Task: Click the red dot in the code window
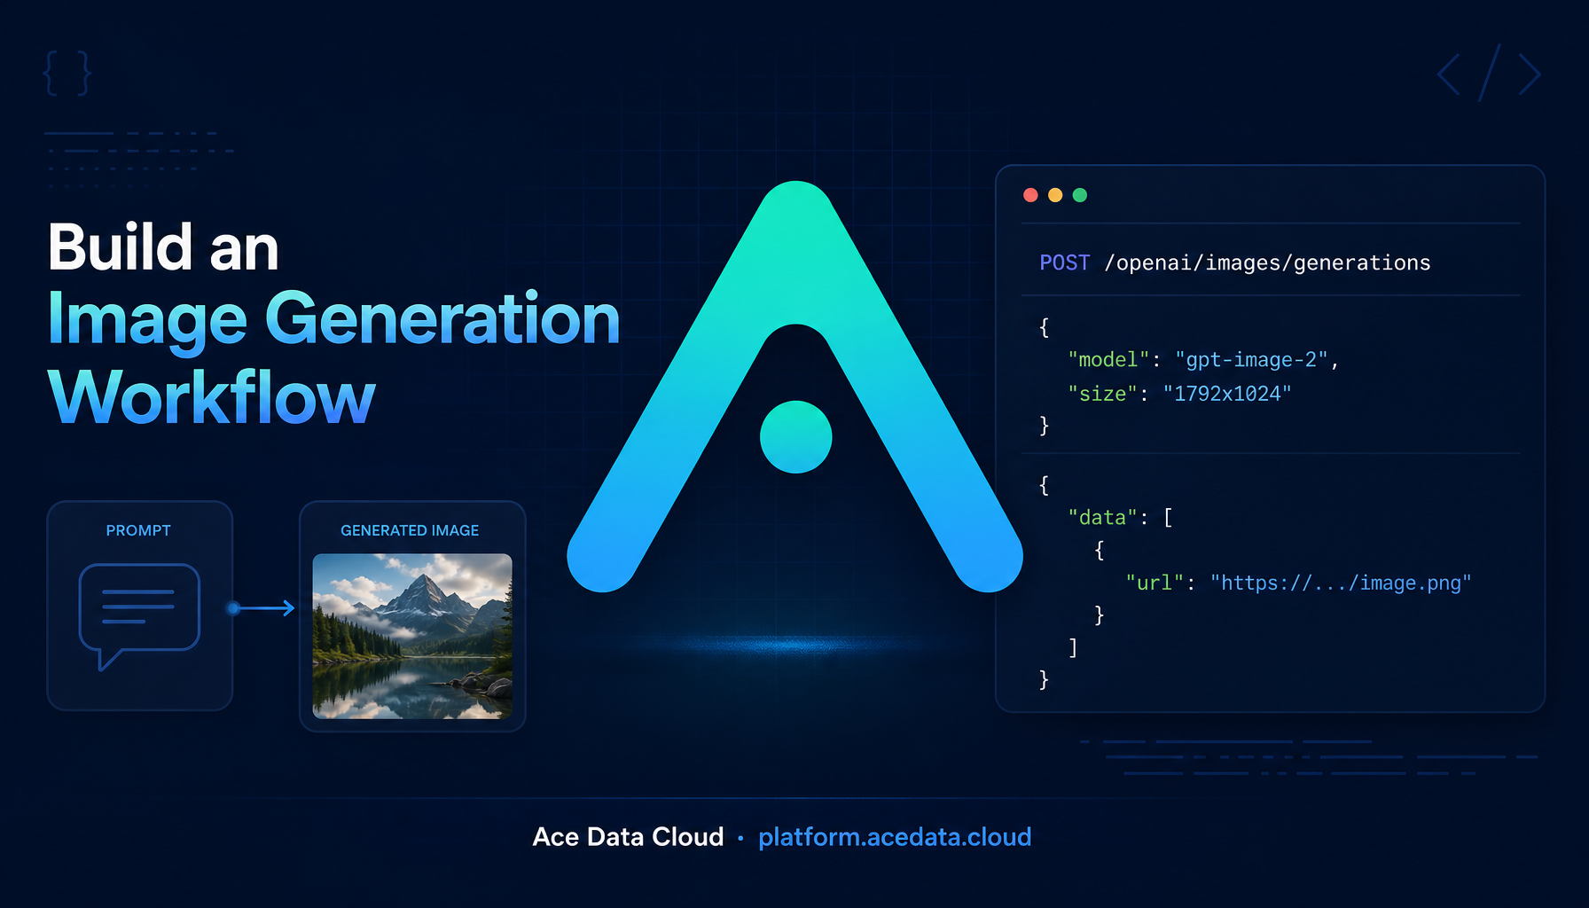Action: tap(1030, 195)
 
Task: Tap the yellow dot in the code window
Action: tap(1055, 195)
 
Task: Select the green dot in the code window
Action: tap(1080, 195)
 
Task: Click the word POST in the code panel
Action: tap(1065, 262)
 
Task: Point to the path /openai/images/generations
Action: tap(1267, 263)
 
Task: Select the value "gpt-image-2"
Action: tap(1251, 360)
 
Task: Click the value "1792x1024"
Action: tap(1227, 393)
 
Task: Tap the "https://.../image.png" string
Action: tap(1341, 583)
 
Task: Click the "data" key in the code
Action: tap(1103, 517)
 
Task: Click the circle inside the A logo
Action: tap(796, 436)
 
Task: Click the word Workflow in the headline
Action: tap(212, 397)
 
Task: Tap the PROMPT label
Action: tap(138, 530)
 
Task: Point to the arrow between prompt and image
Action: tap(262, 608)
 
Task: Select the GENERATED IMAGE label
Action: tap(410, 530)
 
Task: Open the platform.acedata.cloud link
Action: tap(895, 837)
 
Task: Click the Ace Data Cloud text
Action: tap(628, 837)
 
